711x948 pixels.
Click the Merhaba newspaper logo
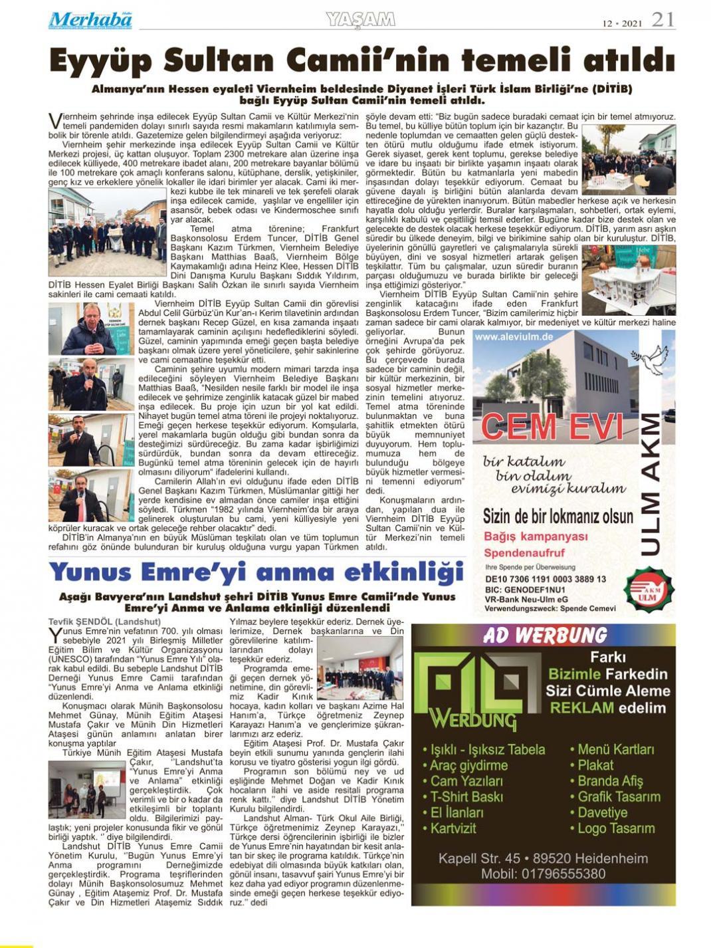pos(90,20)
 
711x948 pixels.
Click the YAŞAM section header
pos(360,20)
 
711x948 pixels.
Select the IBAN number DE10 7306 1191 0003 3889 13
pos(546,579)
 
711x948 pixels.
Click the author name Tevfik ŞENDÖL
pos(80,622)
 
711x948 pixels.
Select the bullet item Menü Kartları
pos(615,749)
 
